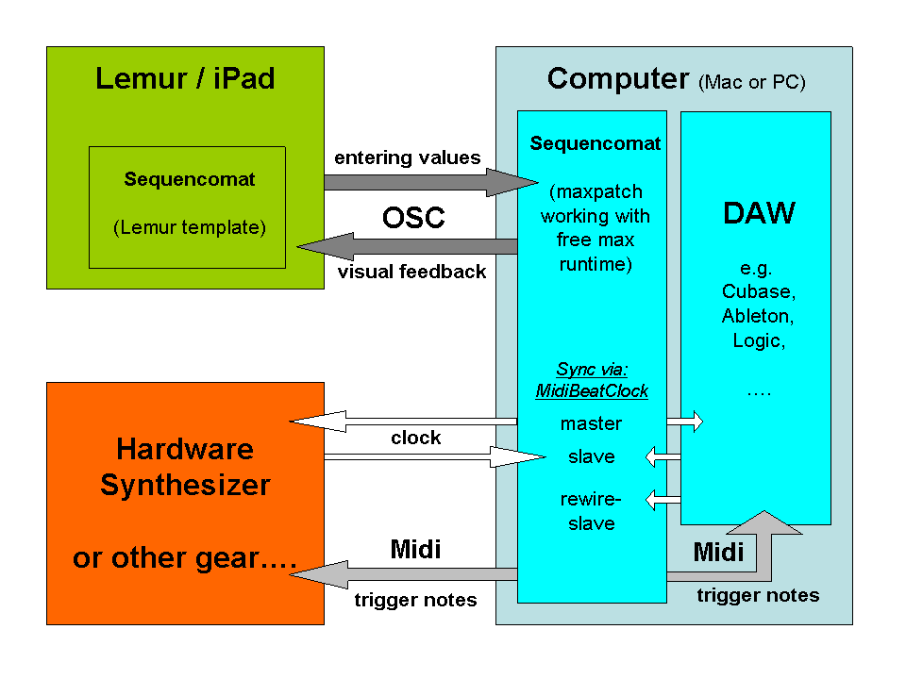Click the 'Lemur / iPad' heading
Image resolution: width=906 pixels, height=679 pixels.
point(185,77)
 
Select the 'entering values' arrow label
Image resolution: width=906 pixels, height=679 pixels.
point(407,157)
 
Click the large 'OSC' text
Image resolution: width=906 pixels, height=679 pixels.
point(413,218)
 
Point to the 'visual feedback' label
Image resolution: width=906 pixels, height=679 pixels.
point(411,272)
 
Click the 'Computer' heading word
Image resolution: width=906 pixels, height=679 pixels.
point(618,78)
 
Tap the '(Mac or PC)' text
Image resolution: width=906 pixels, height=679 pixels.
point(752,82)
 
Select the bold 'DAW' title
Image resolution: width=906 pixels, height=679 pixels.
point(758,213)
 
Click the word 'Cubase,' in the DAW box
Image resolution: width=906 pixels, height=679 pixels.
point(757,290)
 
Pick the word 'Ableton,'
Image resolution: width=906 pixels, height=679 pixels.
point(757,315)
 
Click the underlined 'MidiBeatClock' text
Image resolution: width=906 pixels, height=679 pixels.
point(592,390)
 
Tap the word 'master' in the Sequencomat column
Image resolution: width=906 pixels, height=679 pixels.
point(592,423)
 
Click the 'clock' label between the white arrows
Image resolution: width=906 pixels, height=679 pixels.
point(415,438)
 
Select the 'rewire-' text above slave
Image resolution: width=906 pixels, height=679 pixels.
point(591,499)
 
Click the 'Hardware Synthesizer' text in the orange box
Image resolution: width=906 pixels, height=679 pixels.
point(185,467)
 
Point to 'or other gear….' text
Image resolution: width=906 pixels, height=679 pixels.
point(185,557)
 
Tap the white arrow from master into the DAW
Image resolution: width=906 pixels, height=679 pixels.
point(685,422)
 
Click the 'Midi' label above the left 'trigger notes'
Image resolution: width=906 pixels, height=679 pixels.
point(415,549)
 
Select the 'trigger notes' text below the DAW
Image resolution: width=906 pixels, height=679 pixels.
point(758,595)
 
